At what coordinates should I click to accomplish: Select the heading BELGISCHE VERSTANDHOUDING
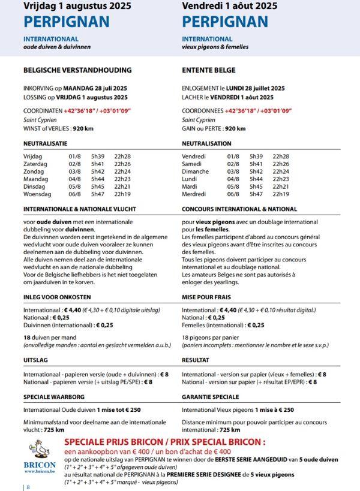[x=77, y=70]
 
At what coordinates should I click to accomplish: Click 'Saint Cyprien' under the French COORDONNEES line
[x=199, y=120]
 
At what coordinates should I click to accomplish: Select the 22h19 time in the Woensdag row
[x=122, y=194]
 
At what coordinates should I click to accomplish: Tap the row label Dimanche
[x=195, y=171]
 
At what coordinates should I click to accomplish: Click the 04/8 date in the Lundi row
[x=233, y=179]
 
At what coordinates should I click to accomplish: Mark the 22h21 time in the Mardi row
[x=281, y=186]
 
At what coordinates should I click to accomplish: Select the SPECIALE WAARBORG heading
[x=54, y=397]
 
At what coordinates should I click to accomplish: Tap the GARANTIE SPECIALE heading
[x=210, y=397]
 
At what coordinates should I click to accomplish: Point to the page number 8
[x=28, y=487]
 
